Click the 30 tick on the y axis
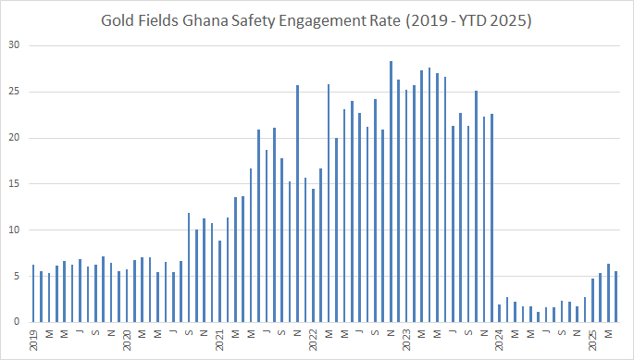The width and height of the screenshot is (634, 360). coord(13,46)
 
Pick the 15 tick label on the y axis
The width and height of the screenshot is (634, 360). coord(13,184)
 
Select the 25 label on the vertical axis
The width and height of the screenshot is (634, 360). coord(13,93)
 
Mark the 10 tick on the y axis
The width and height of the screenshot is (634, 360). coord(13,230)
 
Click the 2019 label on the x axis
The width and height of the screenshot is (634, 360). coord(33,339)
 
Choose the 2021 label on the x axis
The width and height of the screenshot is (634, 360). coord(219,339)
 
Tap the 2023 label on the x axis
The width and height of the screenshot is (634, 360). coord(405,339)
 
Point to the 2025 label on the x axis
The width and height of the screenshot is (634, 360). coord(592,339)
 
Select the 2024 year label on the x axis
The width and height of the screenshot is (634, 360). coord(499,339)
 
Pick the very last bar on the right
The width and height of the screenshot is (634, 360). coord(615,296)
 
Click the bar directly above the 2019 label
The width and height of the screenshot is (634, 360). coord(33,293)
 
